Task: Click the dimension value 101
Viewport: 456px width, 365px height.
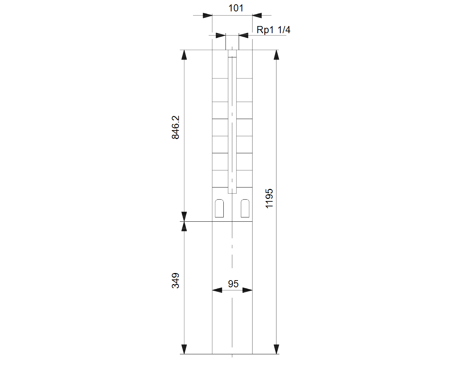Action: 236,8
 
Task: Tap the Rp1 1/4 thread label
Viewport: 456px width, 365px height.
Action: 273,30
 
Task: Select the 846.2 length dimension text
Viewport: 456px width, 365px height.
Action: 175,127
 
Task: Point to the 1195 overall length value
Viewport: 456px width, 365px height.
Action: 269,199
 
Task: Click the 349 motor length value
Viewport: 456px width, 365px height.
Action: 175,281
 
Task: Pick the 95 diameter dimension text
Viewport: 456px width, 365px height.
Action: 233,284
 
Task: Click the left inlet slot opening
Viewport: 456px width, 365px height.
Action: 219,208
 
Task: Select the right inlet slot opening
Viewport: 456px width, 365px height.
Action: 245,208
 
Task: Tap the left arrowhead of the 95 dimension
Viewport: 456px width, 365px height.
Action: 217,290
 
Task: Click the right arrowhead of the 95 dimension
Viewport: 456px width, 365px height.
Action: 247,290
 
